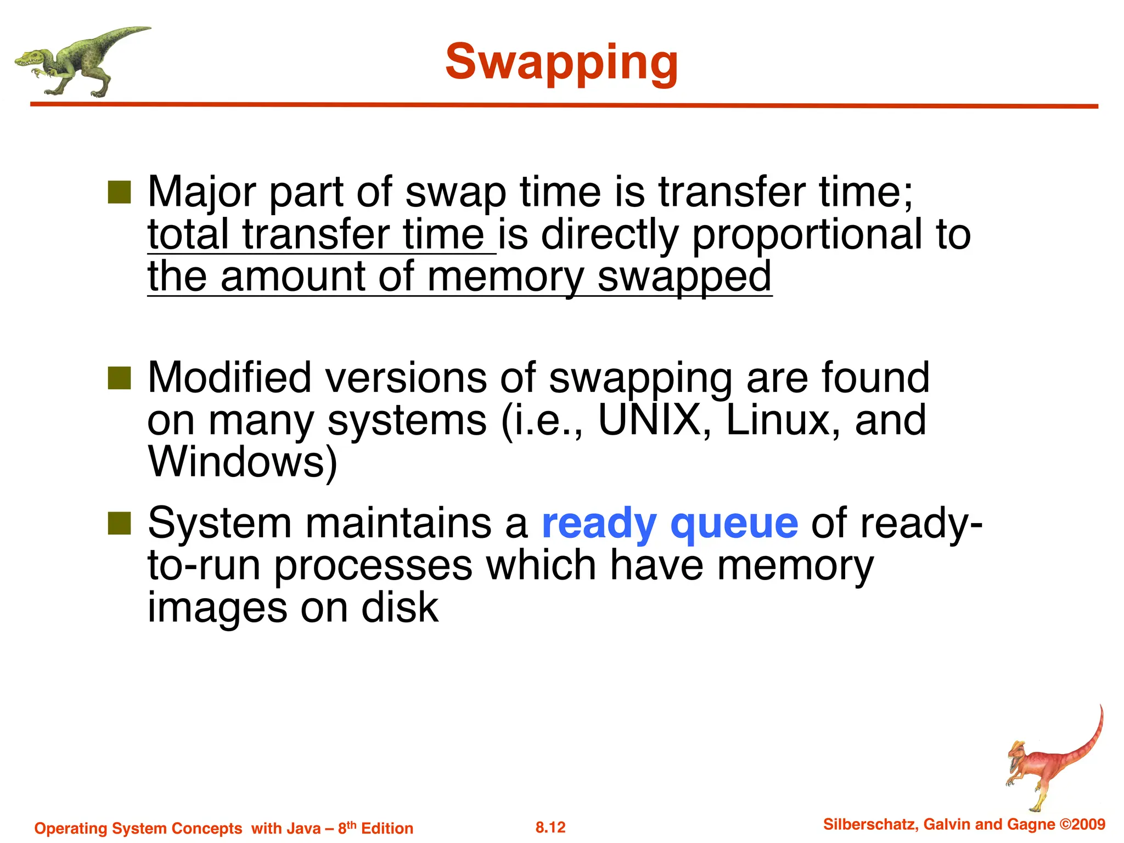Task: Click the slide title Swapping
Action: tap(561, 63)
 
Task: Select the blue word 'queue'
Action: tap(734, 524)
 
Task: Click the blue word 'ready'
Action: tap(599, 524)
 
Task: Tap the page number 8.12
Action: tap(550, 827)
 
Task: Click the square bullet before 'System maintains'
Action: tap(119, 523)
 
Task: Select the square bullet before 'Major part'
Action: tap(119, 192)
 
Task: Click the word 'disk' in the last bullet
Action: tap(400, 608)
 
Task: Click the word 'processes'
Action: tap(373, 566)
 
